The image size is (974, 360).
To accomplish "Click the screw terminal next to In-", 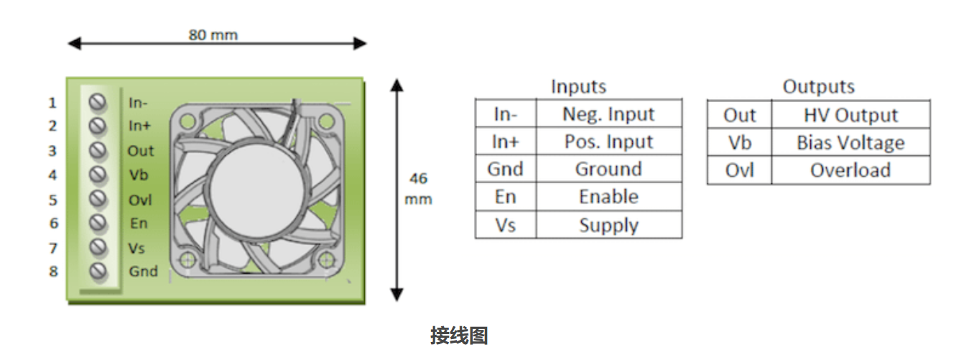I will tap(98, 102).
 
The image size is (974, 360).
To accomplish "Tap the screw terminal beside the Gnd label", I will tap(98, 272).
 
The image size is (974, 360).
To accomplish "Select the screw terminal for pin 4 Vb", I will tap(98, 175).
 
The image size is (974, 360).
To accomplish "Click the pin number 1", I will tap(52, 103).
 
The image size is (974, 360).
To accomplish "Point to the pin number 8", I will tap(52, 272).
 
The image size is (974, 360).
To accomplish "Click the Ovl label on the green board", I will tap(140, 200).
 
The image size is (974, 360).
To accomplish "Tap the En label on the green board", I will tap(139, 224).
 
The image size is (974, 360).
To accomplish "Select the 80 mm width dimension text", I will tap(213, 34).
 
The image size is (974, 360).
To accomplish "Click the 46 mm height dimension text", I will tap(418, 188).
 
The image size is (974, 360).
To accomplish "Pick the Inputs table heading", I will tap(578, 87).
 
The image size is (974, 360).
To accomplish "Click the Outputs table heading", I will tap(818, 87).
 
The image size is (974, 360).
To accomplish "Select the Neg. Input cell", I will tap(608, 114).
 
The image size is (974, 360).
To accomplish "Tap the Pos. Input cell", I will tap(608, 142).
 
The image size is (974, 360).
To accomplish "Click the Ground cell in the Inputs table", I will tap(608, 170).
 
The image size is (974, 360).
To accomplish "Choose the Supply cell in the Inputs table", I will tap(608, 225).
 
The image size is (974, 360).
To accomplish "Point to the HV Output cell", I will tap(850, 116).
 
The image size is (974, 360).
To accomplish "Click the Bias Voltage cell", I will tap(850, 143).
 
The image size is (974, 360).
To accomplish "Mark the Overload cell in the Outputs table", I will tap(850, 170).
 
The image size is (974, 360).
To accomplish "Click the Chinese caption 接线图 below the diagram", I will tap(459, 336).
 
